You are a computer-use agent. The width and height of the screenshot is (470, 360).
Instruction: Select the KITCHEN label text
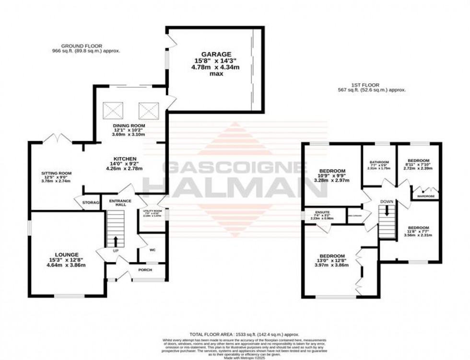point(125,159)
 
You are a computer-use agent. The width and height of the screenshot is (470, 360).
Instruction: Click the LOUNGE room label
point(66,254)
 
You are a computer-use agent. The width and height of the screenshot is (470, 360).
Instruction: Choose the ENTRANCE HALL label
point(118,203)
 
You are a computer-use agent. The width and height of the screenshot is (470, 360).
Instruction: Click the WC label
point(153,250)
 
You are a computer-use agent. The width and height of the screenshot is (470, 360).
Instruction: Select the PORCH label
point(145,270)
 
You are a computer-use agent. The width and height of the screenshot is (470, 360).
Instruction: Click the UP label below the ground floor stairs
point(115,251)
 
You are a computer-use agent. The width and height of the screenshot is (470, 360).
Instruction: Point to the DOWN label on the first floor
point(387,202)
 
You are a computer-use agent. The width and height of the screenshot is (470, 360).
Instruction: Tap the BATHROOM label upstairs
point(379,163)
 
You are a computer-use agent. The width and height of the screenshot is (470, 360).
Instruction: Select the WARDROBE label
point(425,196)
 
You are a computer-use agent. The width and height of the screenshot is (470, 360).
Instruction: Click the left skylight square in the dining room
point(114,111)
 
